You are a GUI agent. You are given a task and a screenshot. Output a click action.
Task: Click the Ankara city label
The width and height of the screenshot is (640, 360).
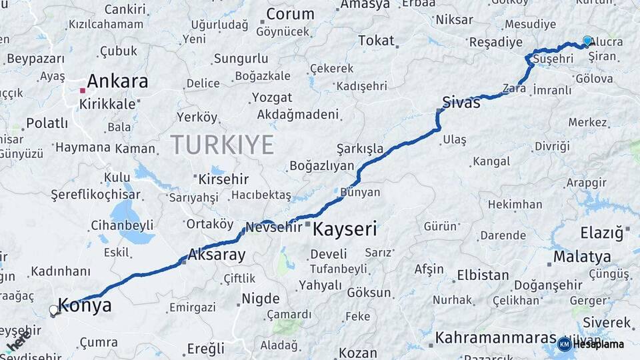[x=117, y=82]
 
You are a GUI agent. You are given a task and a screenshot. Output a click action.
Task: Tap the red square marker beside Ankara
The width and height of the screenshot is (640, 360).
[x=82, y=90]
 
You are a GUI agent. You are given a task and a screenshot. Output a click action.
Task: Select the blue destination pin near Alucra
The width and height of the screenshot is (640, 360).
[x=587, y=41]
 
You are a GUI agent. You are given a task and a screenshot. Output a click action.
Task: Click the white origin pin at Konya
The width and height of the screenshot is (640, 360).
[x=53, y=310]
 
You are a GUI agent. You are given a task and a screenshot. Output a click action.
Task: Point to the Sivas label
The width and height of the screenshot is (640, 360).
[x=461, y=103]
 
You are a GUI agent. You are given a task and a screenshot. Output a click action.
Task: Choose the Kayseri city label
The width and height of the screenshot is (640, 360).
[x=345, y=230]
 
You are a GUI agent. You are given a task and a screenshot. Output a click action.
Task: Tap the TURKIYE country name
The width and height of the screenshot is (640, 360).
[x=222, y=144]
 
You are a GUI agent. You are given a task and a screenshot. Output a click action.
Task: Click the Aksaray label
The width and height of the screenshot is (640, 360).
[x=217, y=255]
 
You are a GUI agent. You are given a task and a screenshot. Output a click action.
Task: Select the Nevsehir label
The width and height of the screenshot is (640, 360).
[x=274, y=227]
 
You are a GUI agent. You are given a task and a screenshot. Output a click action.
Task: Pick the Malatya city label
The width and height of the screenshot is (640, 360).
[x=582, y=257]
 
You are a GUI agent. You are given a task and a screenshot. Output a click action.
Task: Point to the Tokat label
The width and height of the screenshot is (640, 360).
[x=377, y=41]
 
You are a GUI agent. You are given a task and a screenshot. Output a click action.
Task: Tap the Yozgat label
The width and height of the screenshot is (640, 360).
[x=272, y=97]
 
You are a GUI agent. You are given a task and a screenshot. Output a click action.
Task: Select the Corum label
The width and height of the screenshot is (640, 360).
[x=290, y=14]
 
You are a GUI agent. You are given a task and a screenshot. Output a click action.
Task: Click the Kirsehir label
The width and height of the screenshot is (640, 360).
[x=223, y=179]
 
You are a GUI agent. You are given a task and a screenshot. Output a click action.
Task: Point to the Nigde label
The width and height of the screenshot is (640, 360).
[x=260, y=298]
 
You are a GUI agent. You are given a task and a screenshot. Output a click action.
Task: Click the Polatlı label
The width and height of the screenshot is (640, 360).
[x=47, y=123]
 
